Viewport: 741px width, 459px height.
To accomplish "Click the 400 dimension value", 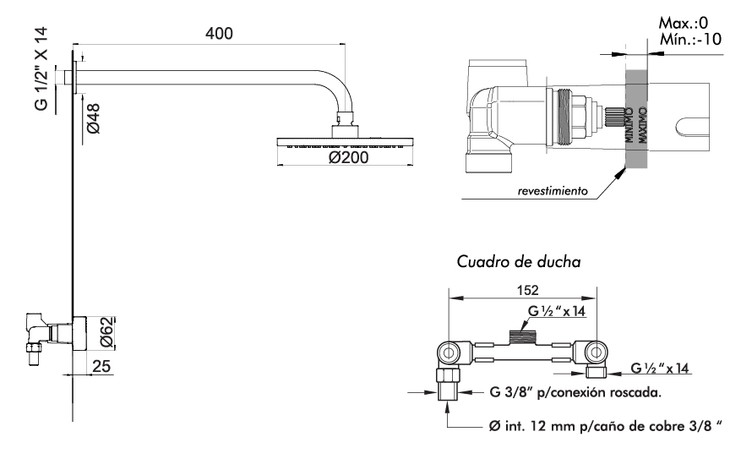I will coord(218,33).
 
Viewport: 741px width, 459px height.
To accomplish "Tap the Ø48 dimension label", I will coord(94,115).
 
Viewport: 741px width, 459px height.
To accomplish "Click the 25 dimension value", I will coord(100,367).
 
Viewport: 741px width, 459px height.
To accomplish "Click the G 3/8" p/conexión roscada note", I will coord(574,392).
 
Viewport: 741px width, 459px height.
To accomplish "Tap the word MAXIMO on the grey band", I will coord(643,124).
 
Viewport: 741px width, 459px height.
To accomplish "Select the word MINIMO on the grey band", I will coord(630,124).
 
